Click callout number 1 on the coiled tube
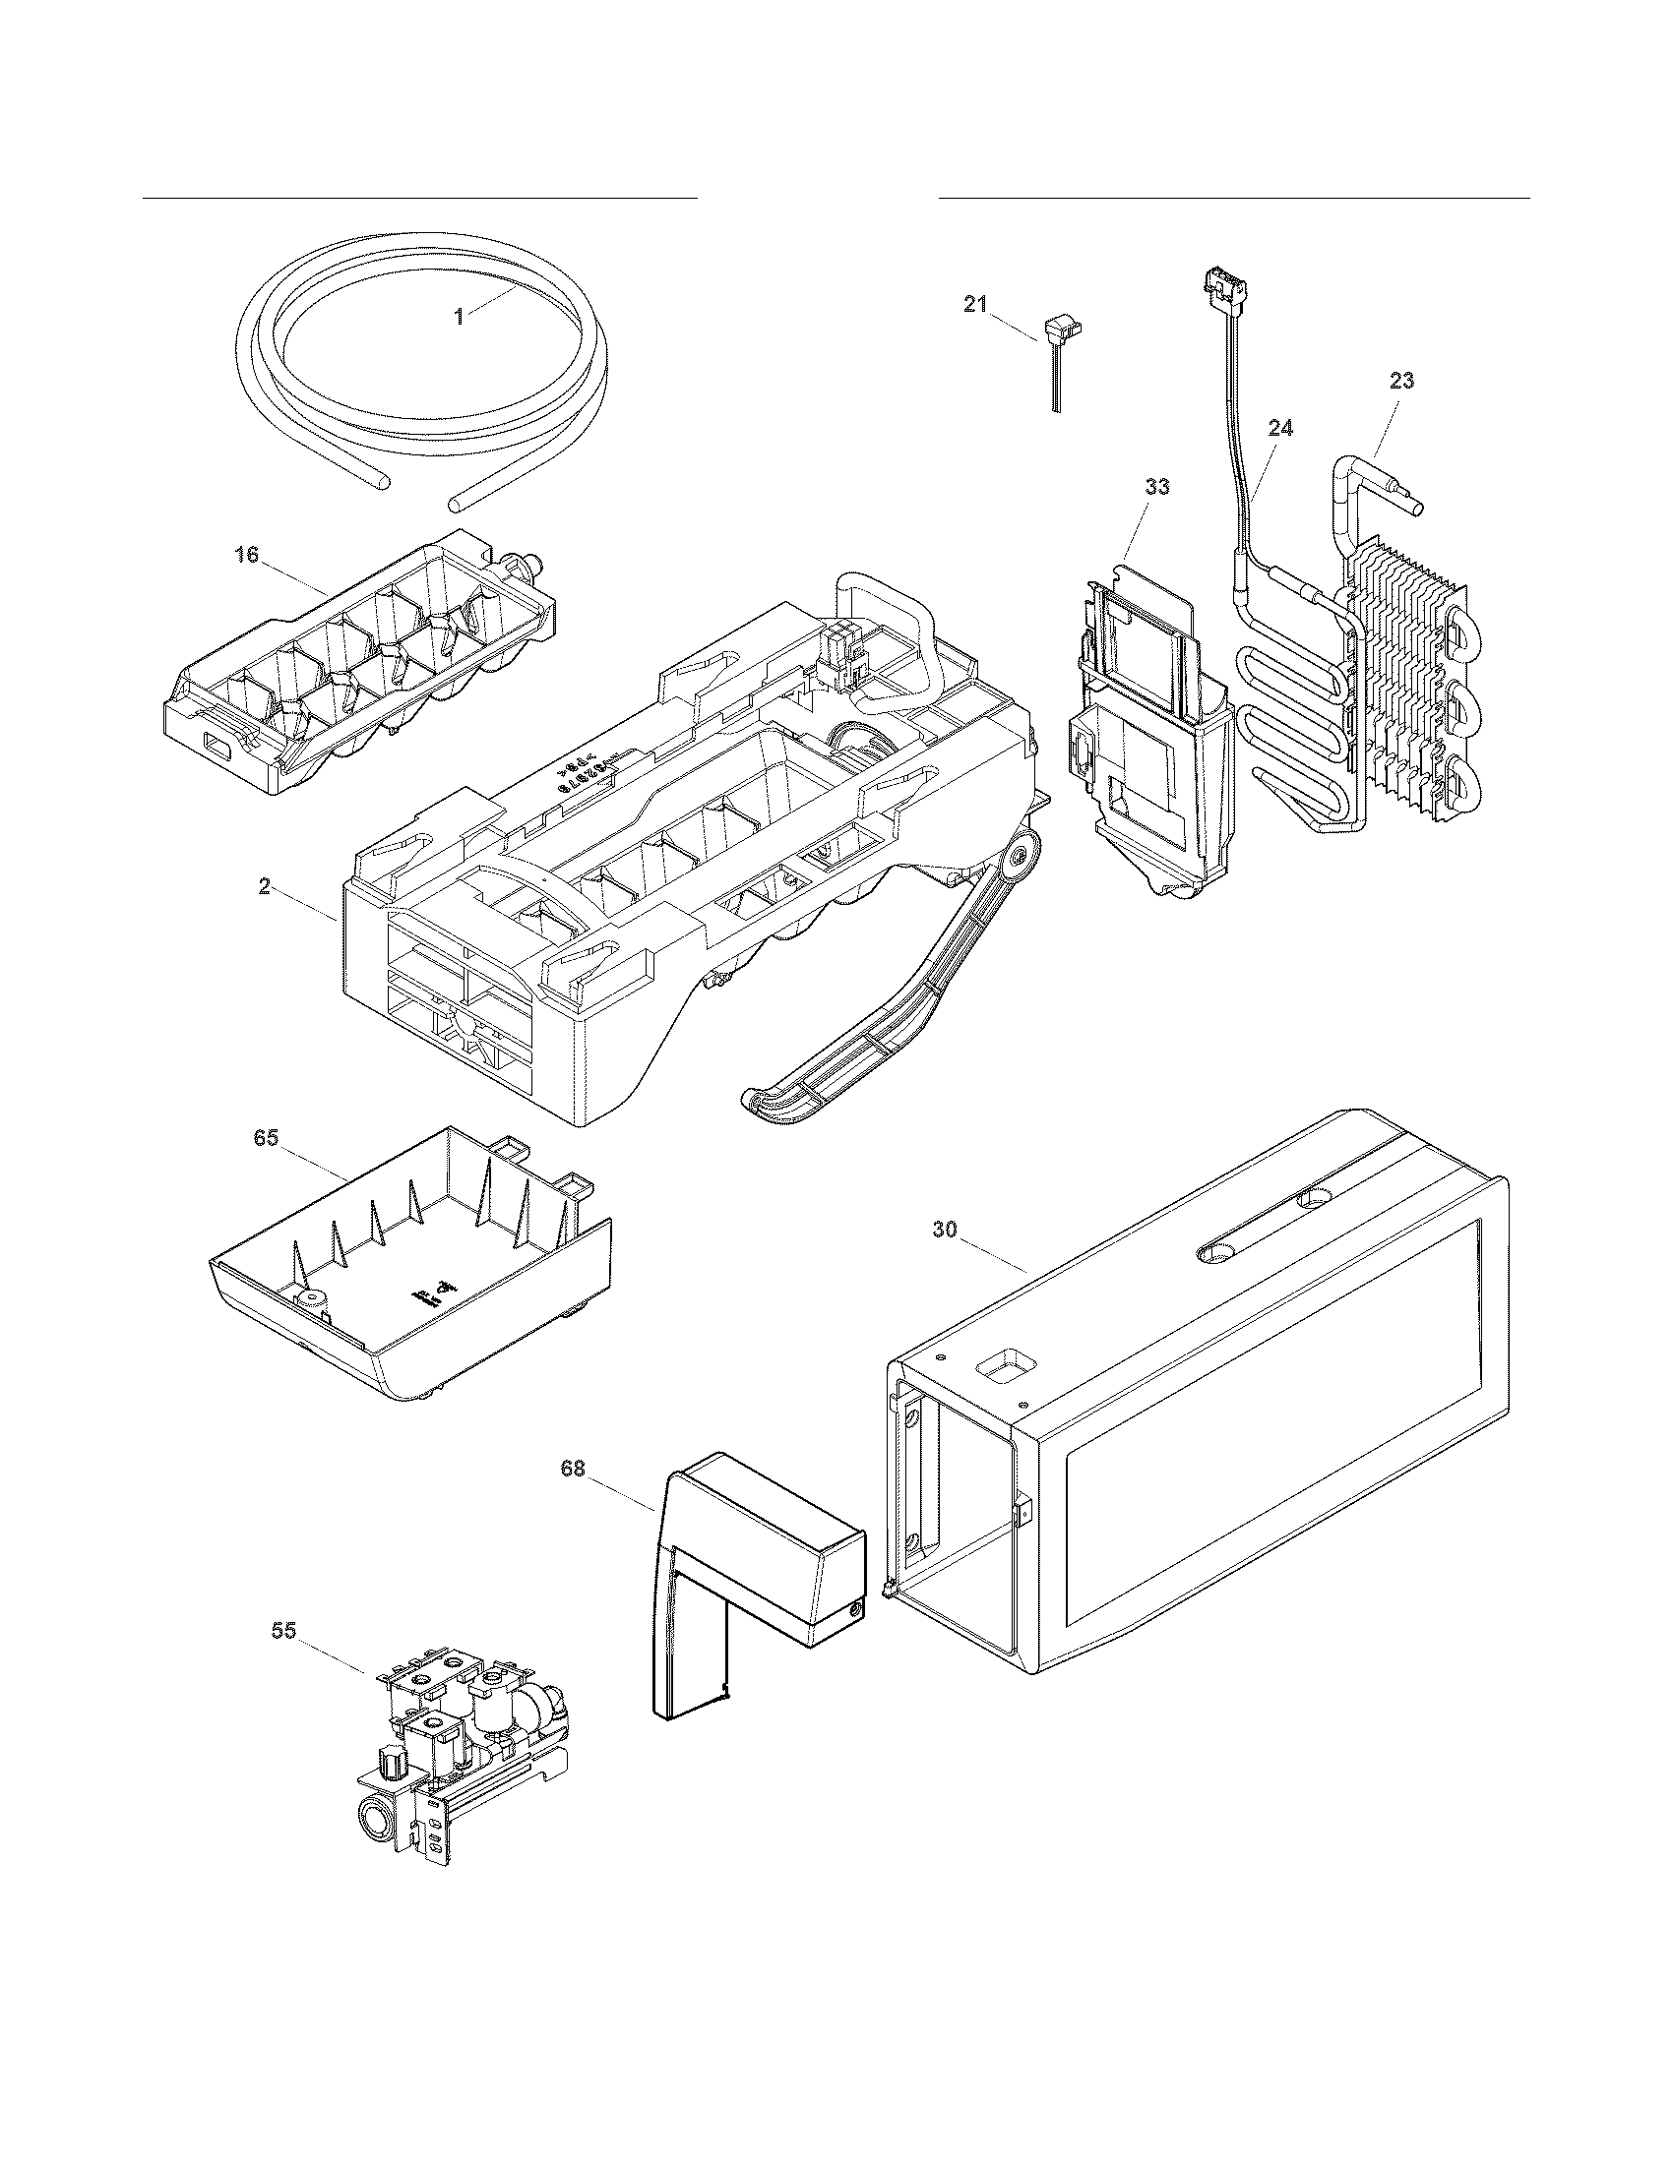point(458,317)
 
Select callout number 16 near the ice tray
point(246,555)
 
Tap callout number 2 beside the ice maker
point(264,886)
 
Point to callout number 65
point(266,1138)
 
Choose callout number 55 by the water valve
point(283,1631)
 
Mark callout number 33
point(1156,487)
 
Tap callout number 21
point(975,304)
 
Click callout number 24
point(1279,428)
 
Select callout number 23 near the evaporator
point(1401,381)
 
